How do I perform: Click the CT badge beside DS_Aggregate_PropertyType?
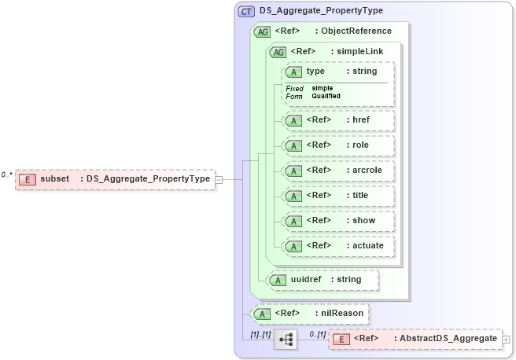point(246,11)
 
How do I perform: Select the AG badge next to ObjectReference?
point(264,31)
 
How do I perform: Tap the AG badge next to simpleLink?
point(278,52)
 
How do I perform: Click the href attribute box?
point(337,120)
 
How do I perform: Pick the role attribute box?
point(337,145)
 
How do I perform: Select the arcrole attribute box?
point(337,171)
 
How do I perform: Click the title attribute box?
point(337,195)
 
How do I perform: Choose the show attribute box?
point(337,220)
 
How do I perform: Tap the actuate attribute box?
point(337,245)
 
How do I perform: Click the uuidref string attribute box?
point(322,279)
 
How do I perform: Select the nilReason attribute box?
point(308,313)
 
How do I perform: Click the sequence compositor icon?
point(286,340)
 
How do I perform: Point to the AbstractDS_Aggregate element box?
point(415,339)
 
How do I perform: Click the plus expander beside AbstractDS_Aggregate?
point(506,340)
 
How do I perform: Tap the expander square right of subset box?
point(219,179)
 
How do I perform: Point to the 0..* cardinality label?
point(7,174)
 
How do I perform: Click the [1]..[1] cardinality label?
point(260,333)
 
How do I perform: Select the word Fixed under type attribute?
point(294,88)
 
